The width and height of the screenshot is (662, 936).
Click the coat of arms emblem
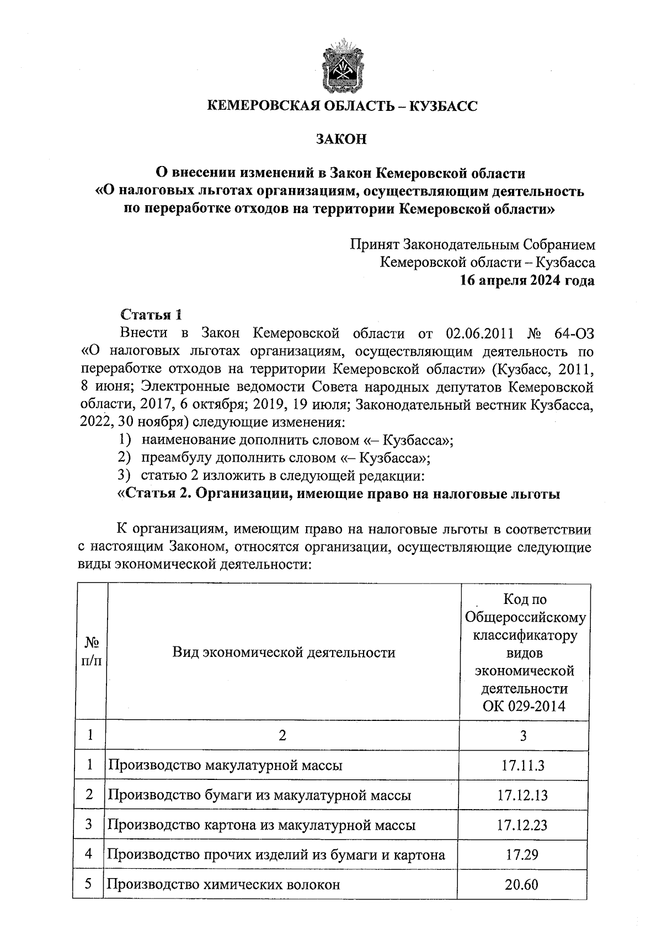pos(342,67)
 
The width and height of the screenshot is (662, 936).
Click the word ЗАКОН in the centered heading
pos(341,140)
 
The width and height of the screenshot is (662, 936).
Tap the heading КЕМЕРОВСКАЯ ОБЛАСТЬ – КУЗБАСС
pos(342,106)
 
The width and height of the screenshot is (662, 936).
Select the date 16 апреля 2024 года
pos(527,280)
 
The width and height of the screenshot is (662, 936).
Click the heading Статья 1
pos(151,315)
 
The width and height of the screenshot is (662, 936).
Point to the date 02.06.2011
pos(479,333)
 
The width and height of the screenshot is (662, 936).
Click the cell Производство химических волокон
pos(223,885)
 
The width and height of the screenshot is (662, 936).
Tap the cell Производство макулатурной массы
pos(225,766)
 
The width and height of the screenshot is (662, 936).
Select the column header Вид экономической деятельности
pos(284,653)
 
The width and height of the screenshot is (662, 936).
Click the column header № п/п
pos(91,652)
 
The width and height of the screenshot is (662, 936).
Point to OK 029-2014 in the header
pos(524,707)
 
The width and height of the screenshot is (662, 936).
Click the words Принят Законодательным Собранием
pos(472,244)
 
